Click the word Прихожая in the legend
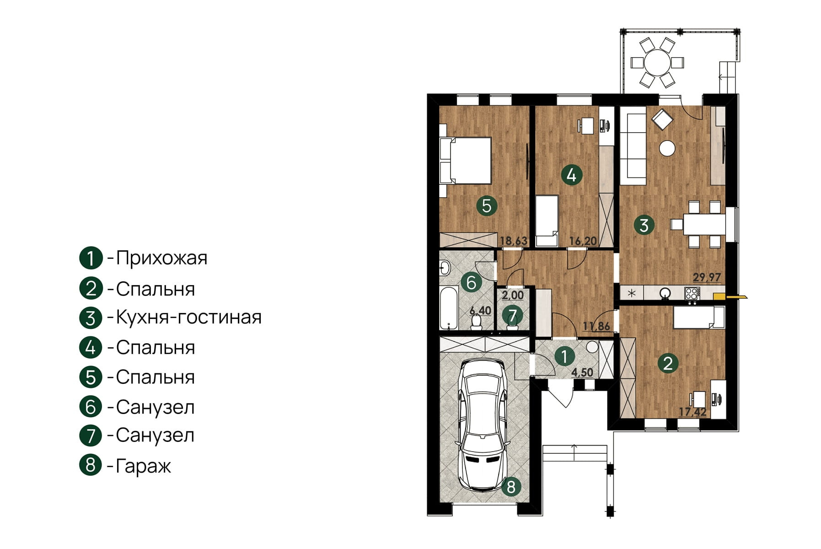coord(161,258)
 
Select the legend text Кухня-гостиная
coord(188,317)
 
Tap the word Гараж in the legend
coord(143,466)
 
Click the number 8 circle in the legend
coord(91,465)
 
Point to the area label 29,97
coord(707,277)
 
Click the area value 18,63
coord(514,241)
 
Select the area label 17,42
coord(692,412)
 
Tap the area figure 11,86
coord(596,326)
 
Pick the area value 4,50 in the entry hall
coord(582,372)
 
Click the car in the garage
coord(483,425)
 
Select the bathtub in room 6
coord(449,307)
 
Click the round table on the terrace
coord(657,62)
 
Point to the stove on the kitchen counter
coord(692,293)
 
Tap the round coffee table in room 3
coord(667,148)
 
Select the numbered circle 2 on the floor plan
coord(668,364)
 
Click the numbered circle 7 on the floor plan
coord(512,315)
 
